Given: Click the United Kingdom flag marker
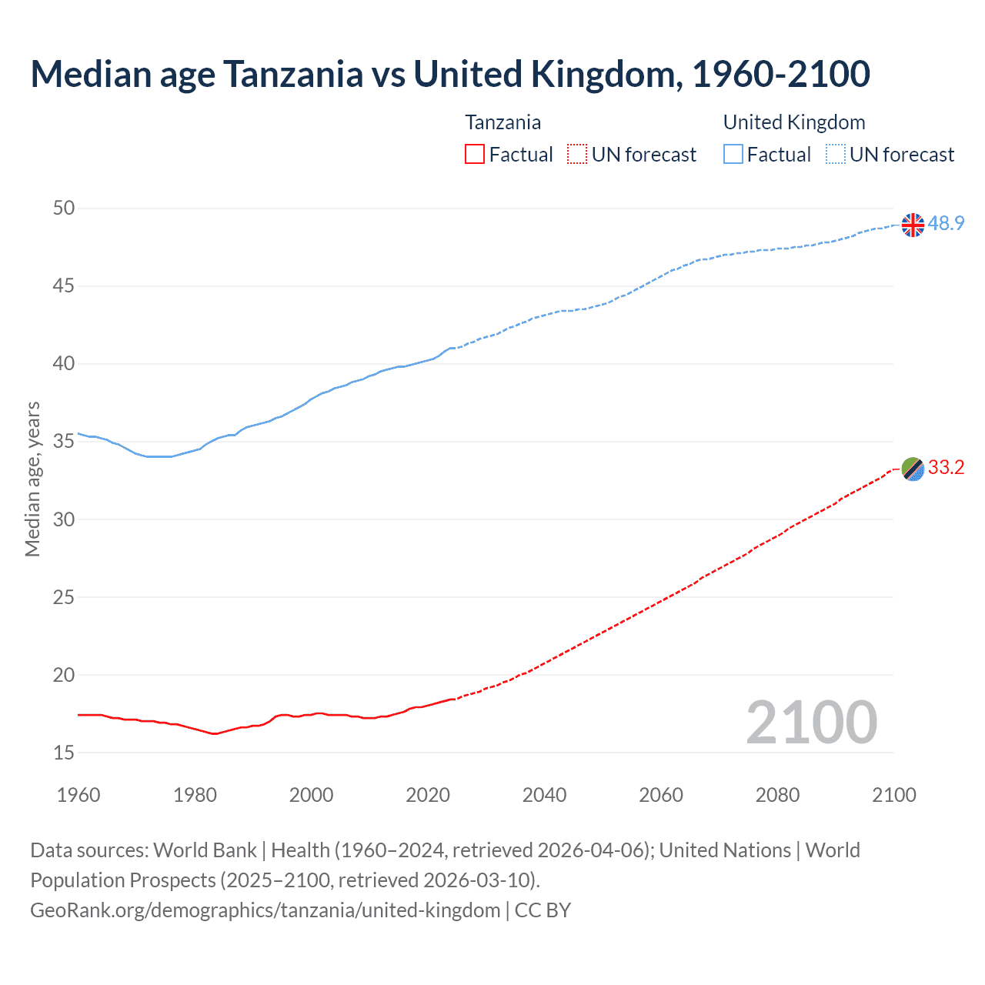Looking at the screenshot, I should (x=913, y=225).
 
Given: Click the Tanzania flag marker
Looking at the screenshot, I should (x=913, y=469).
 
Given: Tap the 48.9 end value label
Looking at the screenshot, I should (x=946, y=223).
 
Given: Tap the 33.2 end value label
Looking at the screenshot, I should (x=946, y=467).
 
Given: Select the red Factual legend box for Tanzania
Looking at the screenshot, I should (x=475, y=155).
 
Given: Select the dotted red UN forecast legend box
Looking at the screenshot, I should (x=577, y=155).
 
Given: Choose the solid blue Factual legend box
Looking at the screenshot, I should (x=733, y=155).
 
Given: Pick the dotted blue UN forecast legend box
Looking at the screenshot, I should (x=836, y=155).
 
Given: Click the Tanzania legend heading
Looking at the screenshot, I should (x=503, y=122).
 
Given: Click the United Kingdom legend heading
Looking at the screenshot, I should (x=793, y=122).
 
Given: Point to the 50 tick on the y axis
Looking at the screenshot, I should (x=65, y=208).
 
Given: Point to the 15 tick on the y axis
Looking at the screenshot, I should (x=65, y=753).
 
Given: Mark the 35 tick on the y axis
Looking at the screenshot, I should (x=65, y=442).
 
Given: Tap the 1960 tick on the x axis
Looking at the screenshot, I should (x=78, y=795).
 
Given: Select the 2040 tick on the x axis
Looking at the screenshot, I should (x=544, y=795).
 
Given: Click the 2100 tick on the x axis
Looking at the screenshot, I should (x=893, y=795).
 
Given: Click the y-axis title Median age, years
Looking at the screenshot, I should (x=32, y=479).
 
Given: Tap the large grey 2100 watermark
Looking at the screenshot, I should (x=811, y=722).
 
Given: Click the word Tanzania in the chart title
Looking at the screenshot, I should (x=293, y=74).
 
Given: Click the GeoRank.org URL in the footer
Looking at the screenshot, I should (x=265, y=910).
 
